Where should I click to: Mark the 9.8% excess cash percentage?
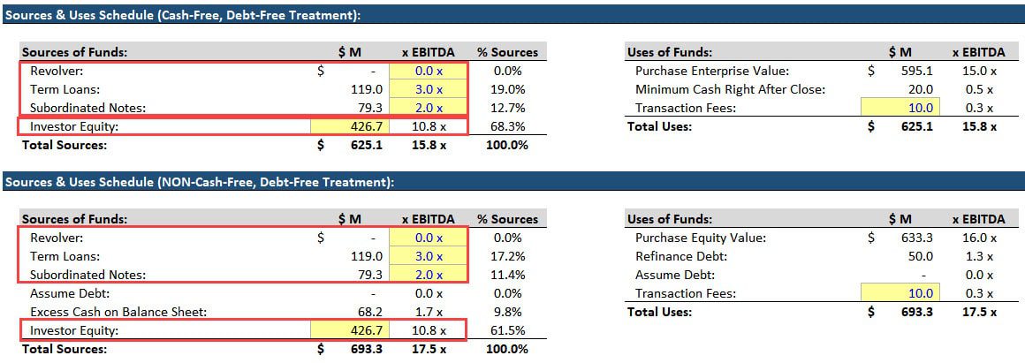pos(511,312)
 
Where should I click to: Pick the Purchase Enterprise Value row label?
pos(711,71)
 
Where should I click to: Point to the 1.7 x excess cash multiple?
pos(429,312)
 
